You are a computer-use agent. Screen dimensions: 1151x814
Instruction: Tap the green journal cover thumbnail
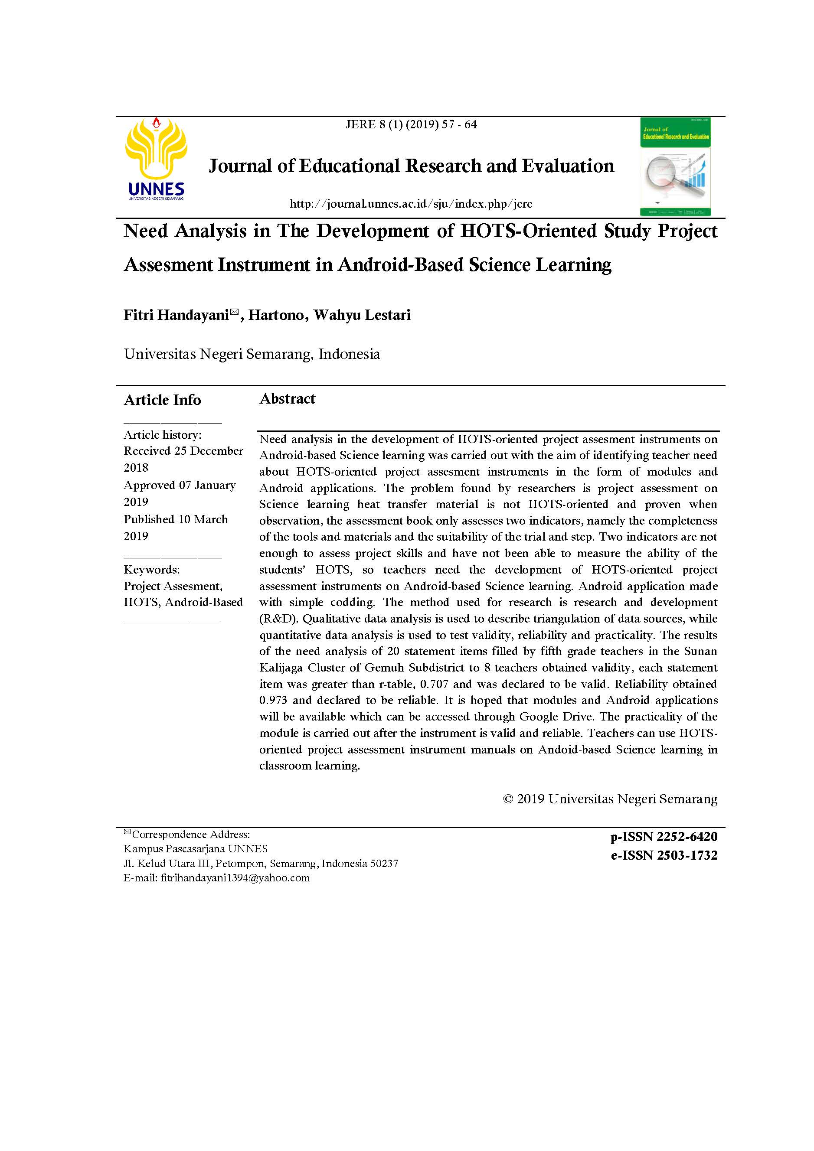(675, 166)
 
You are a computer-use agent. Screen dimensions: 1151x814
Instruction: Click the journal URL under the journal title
(411, 204)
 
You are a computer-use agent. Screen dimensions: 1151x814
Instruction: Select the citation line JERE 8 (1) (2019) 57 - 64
(411, 124)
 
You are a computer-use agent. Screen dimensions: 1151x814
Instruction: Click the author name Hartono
(276, 315)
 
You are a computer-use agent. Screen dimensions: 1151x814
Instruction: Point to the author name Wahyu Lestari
(362, 315)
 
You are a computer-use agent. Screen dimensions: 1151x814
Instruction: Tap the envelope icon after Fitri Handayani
(234, 312)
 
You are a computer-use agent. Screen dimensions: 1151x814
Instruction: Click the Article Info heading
(162, 400)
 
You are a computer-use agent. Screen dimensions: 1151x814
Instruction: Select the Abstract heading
(287, 398)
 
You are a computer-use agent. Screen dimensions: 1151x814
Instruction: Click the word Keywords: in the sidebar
(151, 570)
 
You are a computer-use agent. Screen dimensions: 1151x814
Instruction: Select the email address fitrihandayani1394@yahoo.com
(235, 878)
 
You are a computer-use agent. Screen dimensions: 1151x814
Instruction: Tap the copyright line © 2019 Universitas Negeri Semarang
(610, 799)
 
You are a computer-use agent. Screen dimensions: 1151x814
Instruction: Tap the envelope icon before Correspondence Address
(127, 833)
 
